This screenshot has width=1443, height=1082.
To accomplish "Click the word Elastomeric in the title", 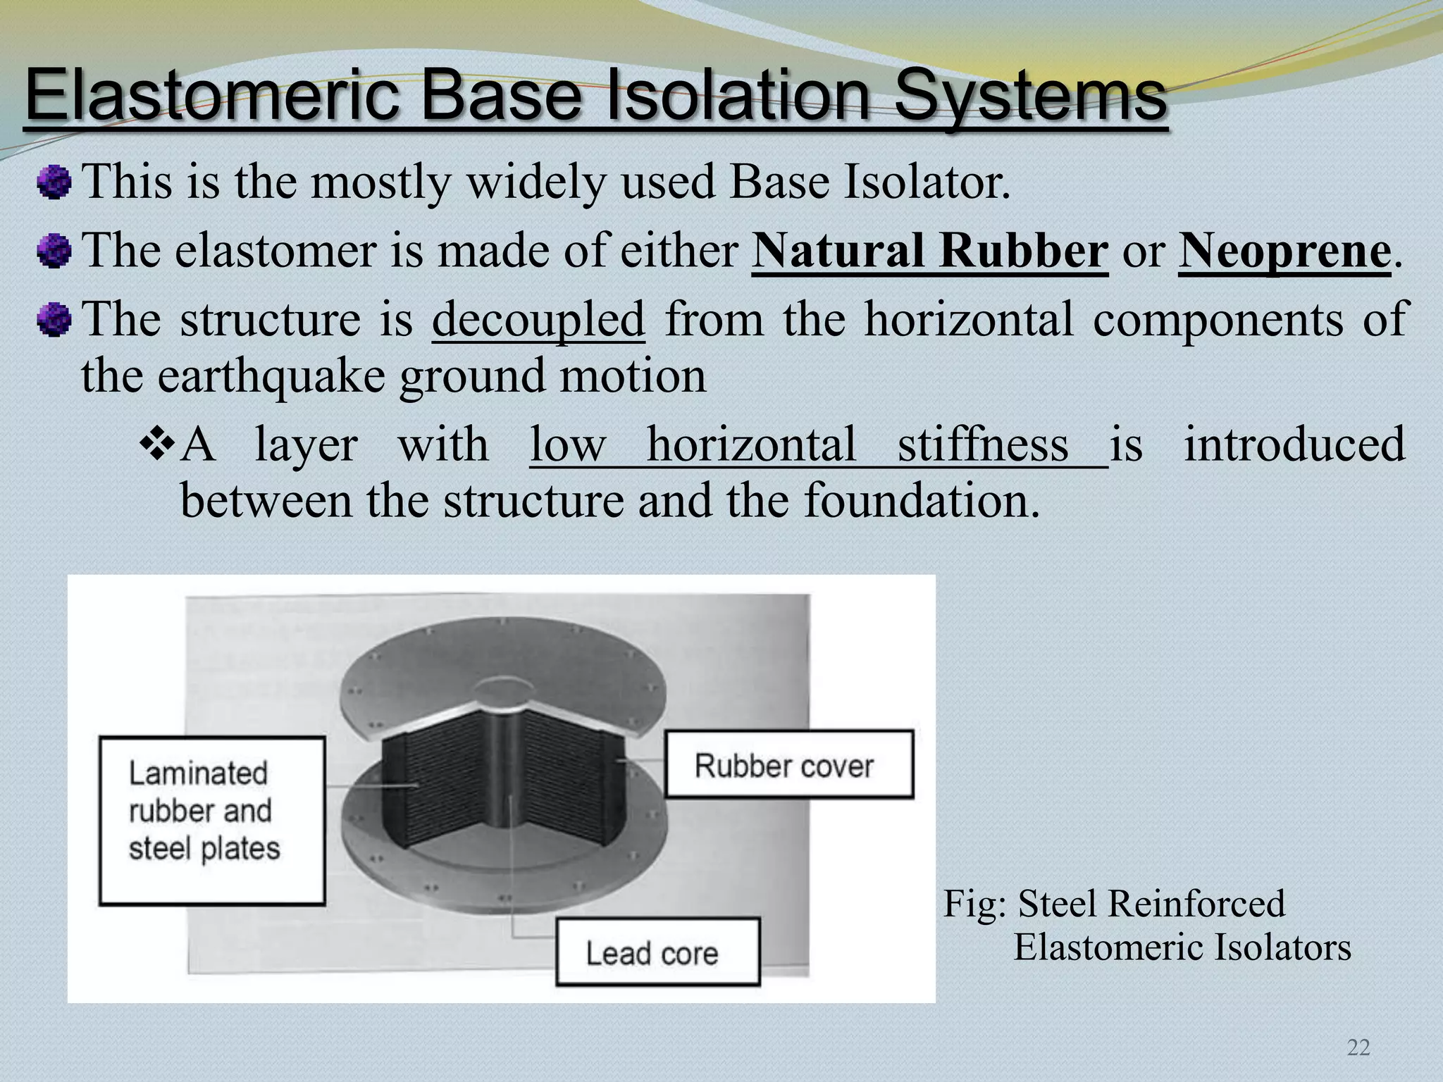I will [211, 95].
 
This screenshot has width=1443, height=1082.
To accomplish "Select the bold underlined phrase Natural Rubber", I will [929, 250].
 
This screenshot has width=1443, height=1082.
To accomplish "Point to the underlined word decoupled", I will [538, 319].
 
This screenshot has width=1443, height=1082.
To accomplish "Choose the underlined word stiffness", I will [983, 444].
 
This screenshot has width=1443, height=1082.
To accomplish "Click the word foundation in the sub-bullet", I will [922, 500].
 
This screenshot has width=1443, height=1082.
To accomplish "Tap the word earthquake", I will [271, 375].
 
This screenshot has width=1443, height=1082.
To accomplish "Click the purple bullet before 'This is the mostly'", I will [54, 182].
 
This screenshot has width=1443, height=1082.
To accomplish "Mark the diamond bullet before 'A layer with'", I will [157, 444].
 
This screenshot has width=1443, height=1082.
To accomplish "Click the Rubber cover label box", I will [789, 765].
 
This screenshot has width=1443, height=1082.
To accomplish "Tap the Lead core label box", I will [657, 952].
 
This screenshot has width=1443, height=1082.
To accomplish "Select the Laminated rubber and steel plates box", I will [212, 821].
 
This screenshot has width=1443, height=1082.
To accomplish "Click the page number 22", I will [1358, 1047].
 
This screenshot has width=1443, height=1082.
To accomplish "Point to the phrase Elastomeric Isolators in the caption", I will [1182, 947].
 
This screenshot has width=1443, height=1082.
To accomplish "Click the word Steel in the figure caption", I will [1060, 903].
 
